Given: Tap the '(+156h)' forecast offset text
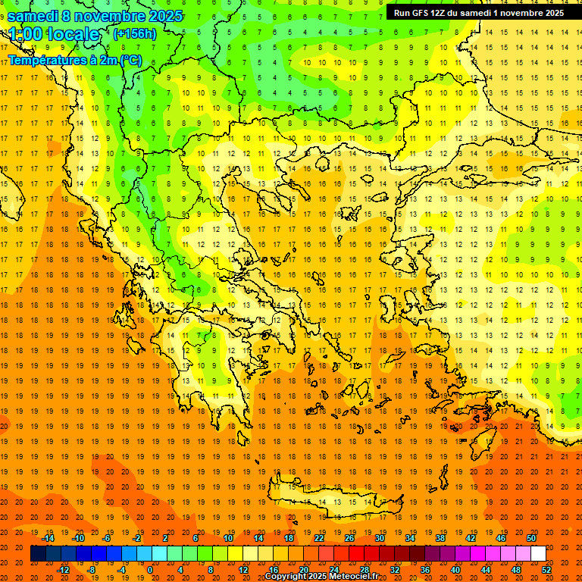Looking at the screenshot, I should (x=134, y=33).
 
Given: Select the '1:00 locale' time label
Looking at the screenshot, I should (x=54, y=34).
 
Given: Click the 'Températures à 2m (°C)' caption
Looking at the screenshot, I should (x=74, y=60).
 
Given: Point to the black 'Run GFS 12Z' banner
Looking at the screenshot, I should (x=478, y=13).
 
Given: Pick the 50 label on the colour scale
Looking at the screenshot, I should (x=530, y=538).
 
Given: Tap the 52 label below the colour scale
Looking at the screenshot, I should (x=546, y=569).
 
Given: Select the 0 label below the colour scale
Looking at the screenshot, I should (x=150, y=569).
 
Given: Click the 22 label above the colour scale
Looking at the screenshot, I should (x=319, y=538).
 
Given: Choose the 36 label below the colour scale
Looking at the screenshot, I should (x=424, y=569).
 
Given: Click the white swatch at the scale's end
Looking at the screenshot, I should (x=538, y=554).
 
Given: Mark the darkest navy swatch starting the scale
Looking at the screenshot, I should (x=38, y=554).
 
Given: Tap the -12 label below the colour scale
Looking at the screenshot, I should (x=64, y=569).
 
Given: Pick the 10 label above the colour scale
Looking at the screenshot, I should (x=228, y=538).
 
